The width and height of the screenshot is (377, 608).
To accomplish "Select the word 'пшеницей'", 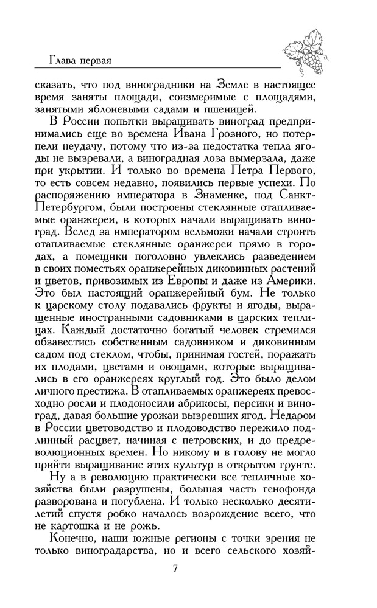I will (x=230, y=110).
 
